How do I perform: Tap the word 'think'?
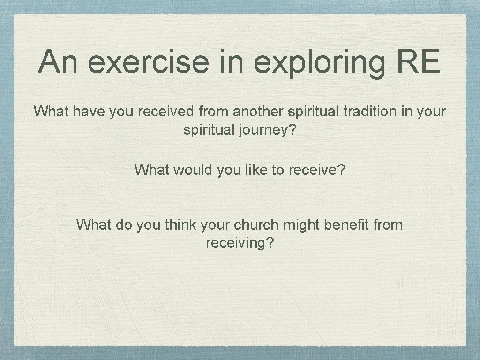[x=181, y=225]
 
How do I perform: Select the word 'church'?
[x=256, y=225]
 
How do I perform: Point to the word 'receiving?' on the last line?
[x=240, y=243]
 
